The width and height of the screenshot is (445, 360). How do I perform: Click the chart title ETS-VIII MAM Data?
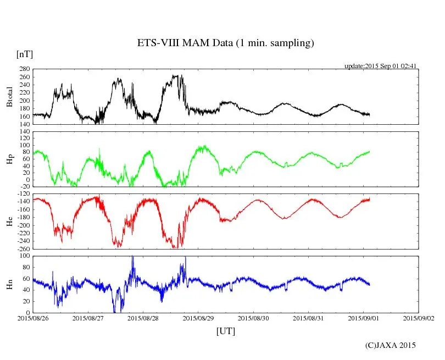point(225,43)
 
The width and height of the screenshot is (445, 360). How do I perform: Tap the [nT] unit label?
point(25,54)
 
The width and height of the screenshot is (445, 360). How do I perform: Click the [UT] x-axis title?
point(226,331)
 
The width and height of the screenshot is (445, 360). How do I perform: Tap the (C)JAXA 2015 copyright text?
point(391,345)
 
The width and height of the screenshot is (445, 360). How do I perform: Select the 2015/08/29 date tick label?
point(198,318)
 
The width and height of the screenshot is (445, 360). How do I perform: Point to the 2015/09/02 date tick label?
point(419,318)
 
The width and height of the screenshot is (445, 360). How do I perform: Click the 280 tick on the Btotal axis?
point(24,69)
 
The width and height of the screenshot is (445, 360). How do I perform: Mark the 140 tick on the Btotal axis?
point(24,124)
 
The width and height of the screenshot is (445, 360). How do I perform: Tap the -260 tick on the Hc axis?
point(23,249)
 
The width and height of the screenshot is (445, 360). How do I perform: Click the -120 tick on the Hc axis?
point(23,194)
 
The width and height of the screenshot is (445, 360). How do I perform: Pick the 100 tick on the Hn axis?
point(24,256)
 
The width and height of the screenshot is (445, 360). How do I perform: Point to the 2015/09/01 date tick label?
point(364,318)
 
